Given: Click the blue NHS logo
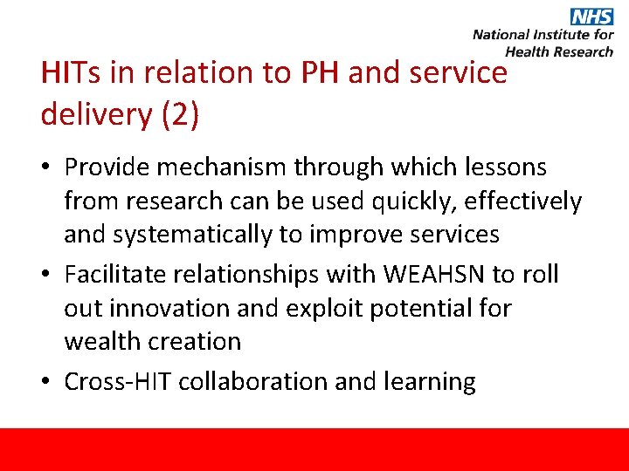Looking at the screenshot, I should point(591,17).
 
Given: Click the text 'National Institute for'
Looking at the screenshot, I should point(543,36).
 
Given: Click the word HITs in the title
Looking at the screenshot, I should point(70,73).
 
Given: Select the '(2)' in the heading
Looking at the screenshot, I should point(180,114).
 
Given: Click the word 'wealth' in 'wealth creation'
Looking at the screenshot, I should point(104,341).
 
